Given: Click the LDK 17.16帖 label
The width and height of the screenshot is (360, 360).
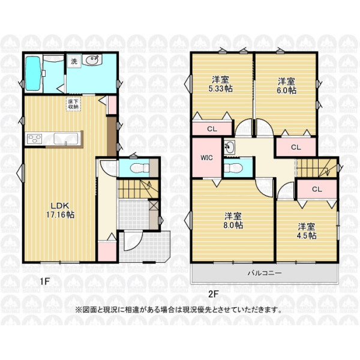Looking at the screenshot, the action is pyautogui.click(x=60, y=210).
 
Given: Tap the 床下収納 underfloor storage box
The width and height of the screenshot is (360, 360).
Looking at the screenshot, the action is pyautogui.click(x=73, y=104).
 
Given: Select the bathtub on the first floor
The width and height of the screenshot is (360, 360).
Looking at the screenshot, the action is pyautogui.click(x=33, y=73).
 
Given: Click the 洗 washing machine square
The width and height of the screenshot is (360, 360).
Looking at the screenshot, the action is pyautogui.click(x=74, y=61).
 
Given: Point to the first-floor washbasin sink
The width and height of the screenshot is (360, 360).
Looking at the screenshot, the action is pyautogui.click(x=93, y=60).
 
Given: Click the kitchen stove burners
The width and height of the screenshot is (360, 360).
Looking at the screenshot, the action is pyautogui.click(x=34, y=139).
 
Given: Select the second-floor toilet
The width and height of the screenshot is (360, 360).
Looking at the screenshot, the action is pyautogui.click(x=233, y=167).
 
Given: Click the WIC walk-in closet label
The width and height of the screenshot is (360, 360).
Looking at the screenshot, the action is pyautogui.click(x=206, y=158).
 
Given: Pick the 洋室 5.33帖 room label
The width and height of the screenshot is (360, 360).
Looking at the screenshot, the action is pyautogui.click(x=220, y=84).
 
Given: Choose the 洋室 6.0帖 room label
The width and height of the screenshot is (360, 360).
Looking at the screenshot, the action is pyautogui.click(x=286, y=86).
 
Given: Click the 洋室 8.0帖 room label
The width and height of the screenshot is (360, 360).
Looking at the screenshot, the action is pyautogui.click(x=233, y=221).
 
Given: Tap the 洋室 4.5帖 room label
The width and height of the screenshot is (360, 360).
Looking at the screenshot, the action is pyautogui.click(x=307, y=231).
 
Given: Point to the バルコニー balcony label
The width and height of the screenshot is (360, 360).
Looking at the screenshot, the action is pyautogui.click(x=265, y=273).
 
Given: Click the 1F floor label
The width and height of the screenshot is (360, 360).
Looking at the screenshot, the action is pyautogui.click(x=45, y=281).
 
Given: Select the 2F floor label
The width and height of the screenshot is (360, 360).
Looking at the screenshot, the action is pyautogui.click(x=213, y=294).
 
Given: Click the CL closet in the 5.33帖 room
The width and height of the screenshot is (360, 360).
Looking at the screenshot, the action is pyautogui.click(x=212, y=129).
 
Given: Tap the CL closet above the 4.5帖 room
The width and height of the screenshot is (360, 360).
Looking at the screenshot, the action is pyautogui.click(x=317, y=190).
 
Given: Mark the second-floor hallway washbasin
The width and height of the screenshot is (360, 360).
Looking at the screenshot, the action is pyautogui.click(x=229, y=147).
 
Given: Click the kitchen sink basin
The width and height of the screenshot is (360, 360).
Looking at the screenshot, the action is pyautogui.click(x=65, y=139).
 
